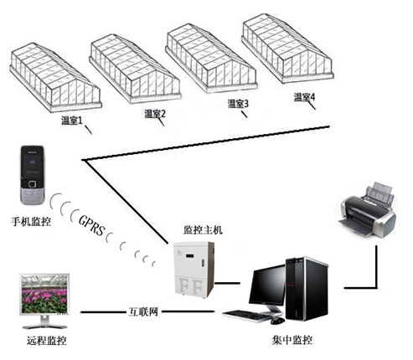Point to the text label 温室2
(x=155, y=113)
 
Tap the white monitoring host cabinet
(x=193, y=271)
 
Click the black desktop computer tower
(x=304, y=289)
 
